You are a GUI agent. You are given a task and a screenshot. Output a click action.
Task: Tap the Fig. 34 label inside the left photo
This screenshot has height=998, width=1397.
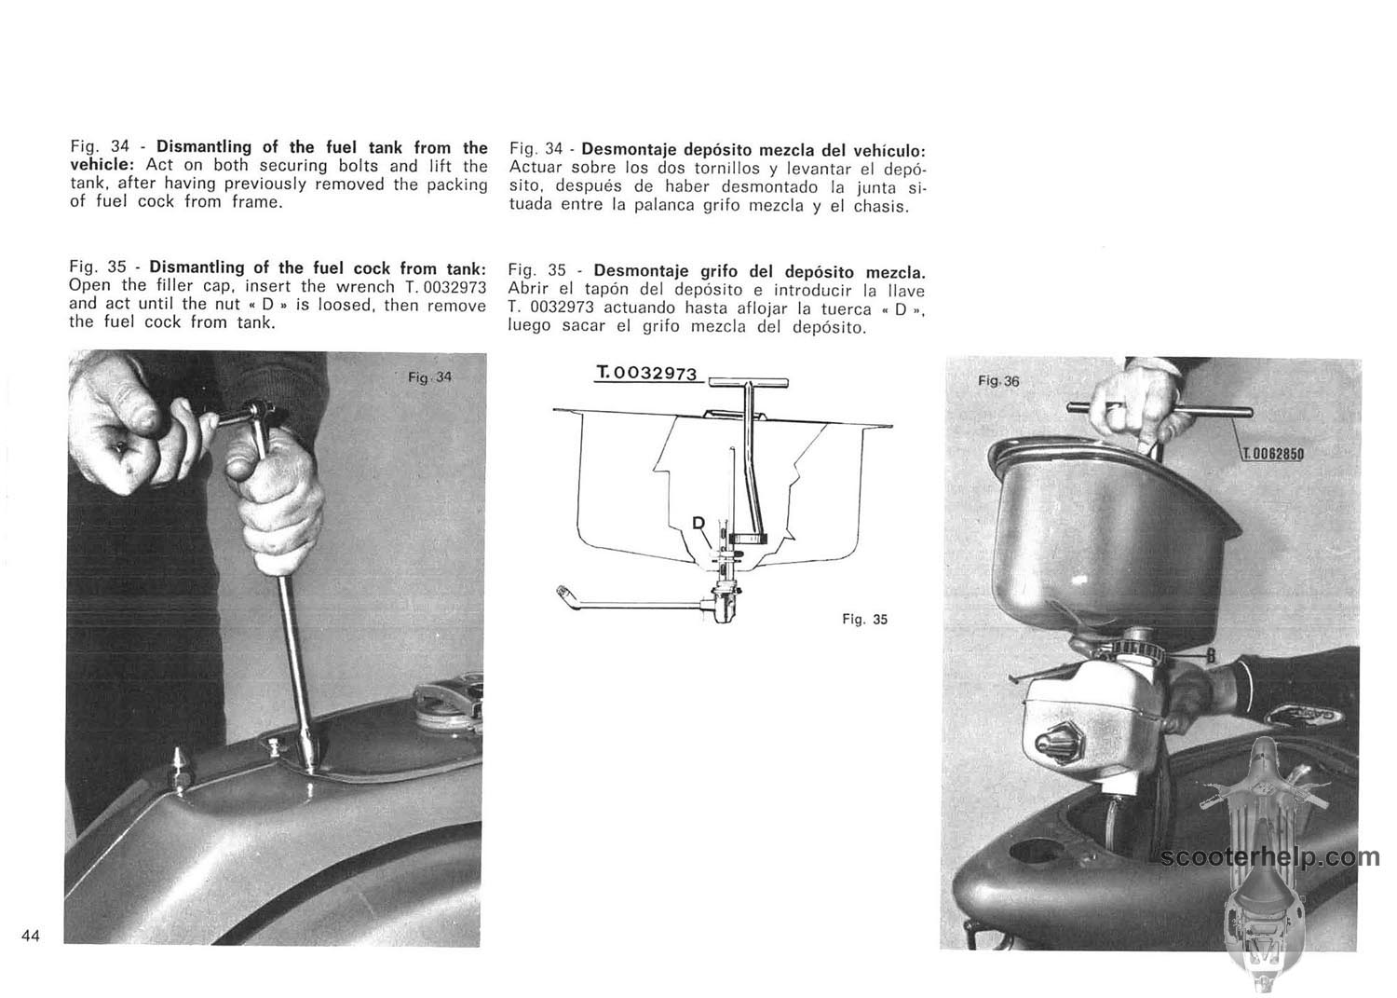pyautogui.click(x=429, y=377)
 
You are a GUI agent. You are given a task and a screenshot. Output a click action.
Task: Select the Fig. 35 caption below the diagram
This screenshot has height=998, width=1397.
pyautogui.click(x=864, y=619)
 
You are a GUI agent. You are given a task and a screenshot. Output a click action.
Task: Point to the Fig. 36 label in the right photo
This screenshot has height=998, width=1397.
pyautogui.click(x=998, y=381)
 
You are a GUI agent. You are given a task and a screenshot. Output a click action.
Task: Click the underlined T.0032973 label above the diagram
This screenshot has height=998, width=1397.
pyautogui.click(x=646, y=373)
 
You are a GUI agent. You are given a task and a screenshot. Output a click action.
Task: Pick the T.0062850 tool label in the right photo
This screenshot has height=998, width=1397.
pyautogui.click(x=1272, y=454)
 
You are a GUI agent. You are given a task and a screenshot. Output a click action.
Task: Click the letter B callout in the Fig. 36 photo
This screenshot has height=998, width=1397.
pyautogui.click(x=1211, y=655)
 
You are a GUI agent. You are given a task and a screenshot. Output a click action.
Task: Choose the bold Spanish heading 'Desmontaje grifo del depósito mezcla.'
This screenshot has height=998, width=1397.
pyautogui.click(x=759, y=271)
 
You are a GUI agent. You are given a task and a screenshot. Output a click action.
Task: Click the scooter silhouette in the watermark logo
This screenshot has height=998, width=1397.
pyautogui.click(x=1263, y=867)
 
